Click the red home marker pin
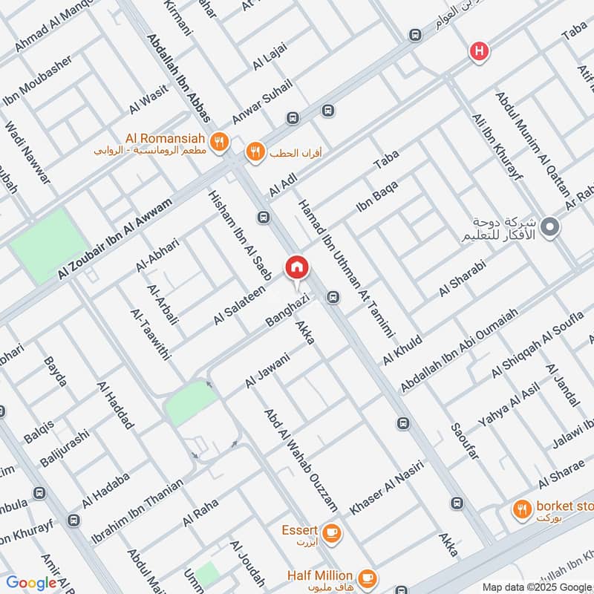point(297,267)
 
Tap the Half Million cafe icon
point(366,576)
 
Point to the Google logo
point(31,583)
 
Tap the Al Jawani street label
point(267,371)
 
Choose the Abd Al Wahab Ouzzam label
point(302,460)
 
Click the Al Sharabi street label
point(462,279)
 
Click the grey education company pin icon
point(549,227)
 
